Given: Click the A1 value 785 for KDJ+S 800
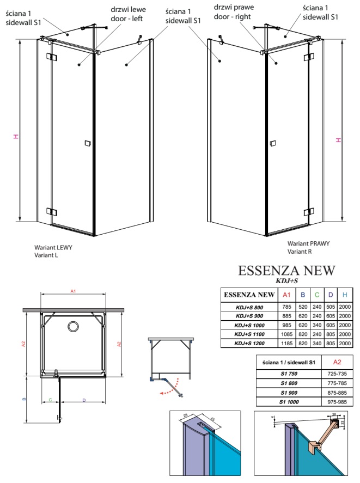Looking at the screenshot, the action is pyautogui.click(x=286, y=307).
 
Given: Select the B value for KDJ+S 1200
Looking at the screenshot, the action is pyautogui.click(x=303, y=343).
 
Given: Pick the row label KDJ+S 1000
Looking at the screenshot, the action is pyautogui.click(x=249, y=325).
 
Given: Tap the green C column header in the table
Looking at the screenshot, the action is pyautogui.click(x=317, y=295).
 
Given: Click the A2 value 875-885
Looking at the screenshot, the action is pyautogui.click(x=337, y=393).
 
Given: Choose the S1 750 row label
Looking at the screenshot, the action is pyautogui.click(x=289, y=374).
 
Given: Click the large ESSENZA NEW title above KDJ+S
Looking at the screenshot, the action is pyautogui.click(x=286, y=271).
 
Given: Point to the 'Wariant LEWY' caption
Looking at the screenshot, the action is pyautogui.click(x=53, y=247).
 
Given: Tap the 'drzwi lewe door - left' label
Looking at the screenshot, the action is pyautogui.click(x=128, y=14).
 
